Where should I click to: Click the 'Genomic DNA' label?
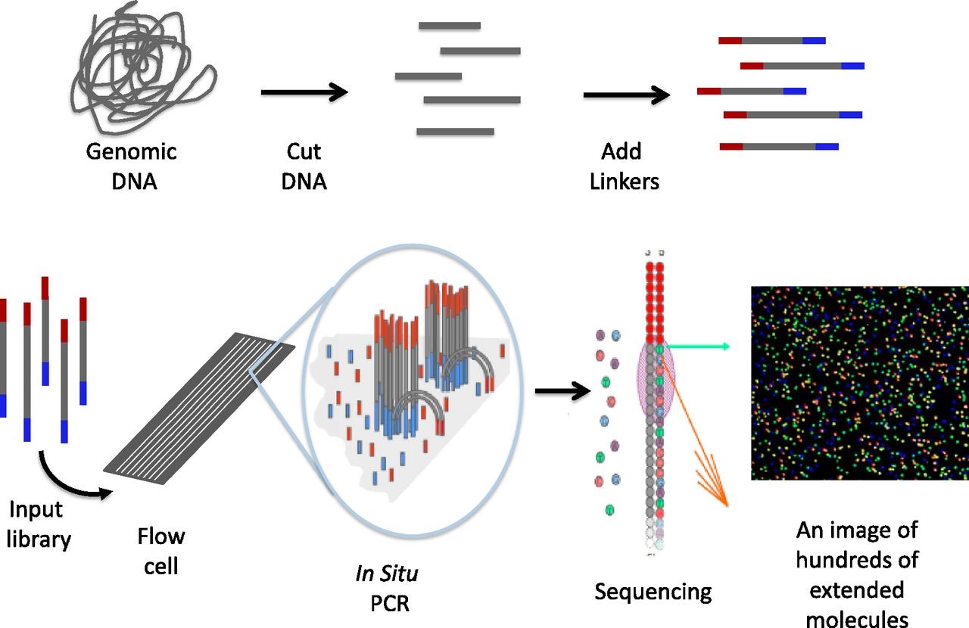131,166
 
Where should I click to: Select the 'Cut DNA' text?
304,166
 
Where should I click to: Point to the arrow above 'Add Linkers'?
626,95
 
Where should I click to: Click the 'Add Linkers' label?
625,166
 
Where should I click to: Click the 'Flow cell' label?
160,550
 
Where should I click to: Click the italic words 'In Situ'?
386,574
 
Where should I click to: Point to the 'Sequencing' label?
653,591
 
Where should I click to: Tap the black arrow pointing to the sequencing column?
561,391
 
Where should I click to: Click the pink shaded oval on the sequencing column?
656,378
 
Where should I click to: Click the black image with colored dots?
859,383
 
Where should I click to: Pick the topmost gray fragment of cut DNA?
449,26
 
